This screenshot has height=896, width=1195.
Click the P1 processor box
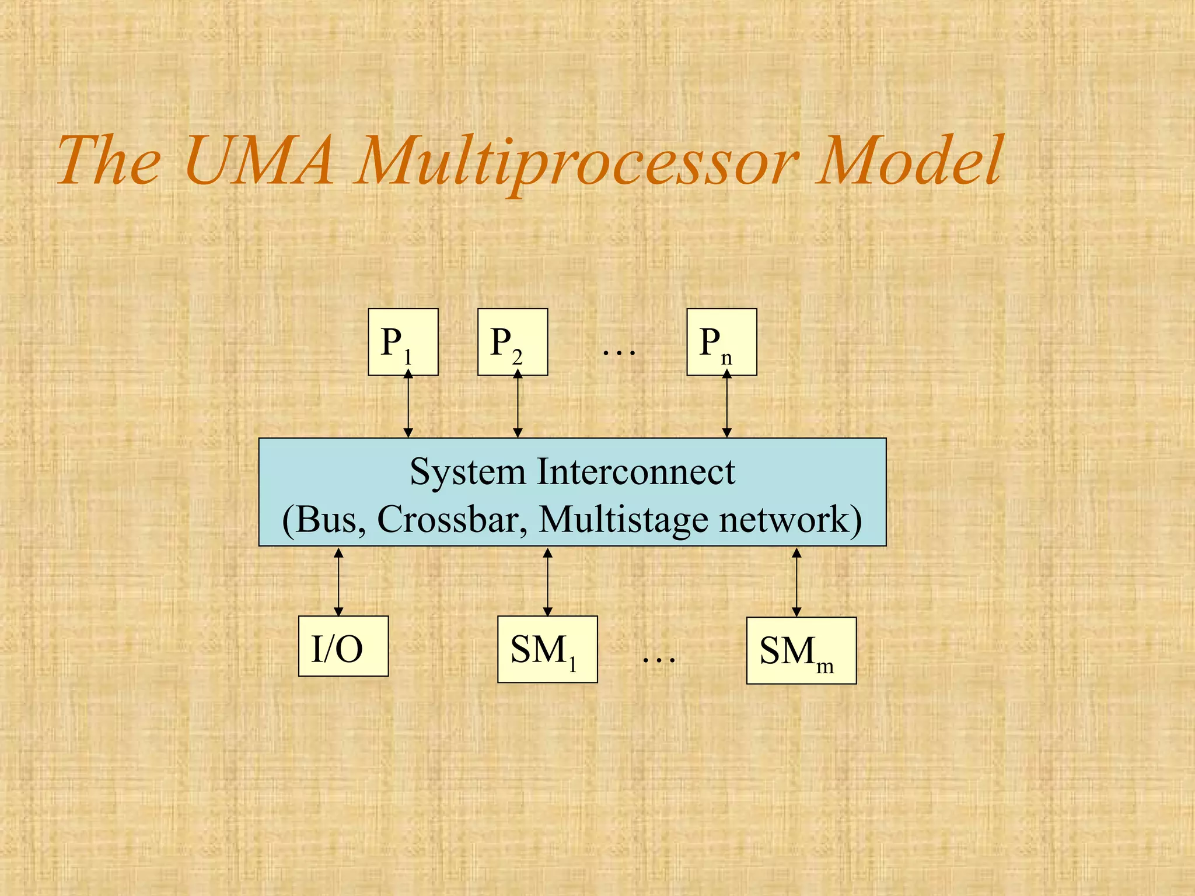(403, 342)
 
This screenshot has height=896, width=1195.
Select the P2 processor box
(512, 342)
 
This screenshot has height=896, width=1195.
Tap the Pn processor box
(721, 342)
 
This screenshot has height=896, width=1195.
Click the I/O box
(343, 646)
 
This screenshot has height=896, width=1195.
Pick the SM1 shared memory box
(547, 649)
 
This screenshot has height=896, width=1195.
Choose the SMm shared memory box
(801, 650)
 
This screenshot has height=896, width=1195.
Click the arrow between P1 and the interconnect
(408, 406)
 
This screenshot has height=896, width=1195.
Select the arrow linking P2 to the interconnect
(518, 406)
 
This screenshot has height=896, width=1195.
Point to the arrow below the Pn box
(726, 406)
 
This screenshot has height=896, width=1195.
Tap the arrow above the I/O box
(338, 581)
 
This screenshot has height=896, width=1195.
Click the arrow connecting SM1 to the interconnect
(547, 581)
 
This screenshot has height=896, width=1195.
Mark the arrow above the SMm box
(796, 582)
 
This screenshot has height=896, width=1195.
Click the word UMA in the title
(260, 160)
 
